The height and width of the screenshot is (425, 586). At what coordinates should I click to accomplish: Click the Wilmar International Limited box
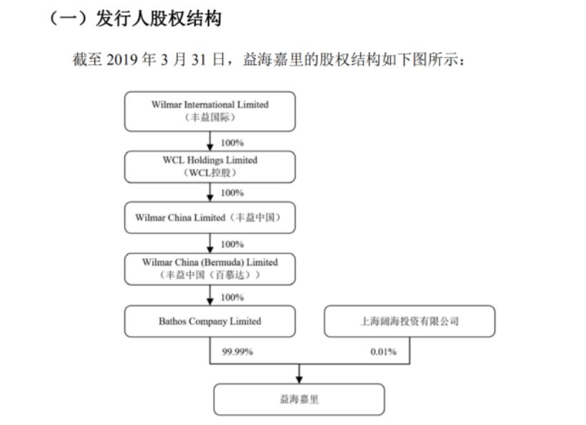210,111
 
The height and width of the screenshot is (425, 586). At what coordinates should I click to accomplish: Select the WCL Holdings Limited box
210,166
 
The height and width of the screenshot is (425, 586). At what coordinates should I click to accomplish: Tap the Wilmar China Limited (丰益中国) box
210,218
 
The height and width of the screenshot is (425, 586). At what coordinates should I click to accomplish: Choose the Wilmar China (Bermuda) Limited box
210,269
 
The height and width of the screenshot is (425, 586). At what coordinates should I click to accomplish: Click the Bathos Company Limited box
210,321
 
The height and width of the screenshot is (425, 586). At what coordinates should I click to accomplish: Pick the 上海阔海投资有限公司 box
409,321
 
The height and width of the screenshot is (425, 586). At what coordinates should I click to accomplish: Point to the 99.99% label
239,351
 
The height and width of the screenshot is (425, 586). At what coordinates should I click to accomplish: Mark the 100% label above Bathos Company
232,297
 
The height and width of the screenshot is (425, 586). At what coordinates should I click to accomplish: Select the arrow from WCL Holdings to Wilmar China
210,193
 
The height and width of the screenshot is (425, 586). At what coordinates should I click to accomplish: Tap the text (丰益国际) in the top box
210,117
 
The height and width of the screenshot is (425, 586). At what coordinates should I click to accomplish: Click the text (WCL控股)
210,172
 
